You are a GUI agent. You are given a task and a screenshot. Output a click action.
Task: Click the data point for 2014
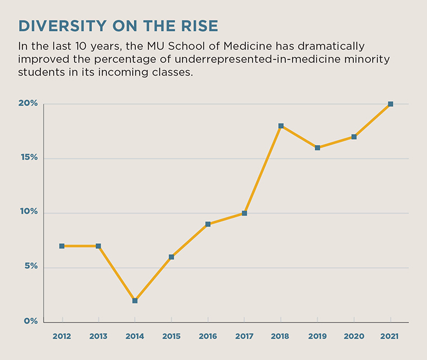[x=135, y=300]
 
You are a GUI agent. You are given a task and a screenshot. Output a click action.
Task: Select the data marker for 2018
[x=281, y=126]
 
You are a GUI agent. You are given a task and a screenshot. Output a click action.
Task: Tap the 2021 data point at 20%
[x=390, y=104]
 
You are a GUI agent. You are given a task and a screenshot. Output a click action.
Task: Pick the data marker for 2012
[x=62, y=246]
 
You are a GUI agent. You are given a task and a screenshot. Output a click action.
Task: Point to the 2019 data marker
[x=317, y=148]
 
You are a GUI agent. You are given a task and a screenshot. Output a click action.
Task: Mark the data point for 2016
[x=208, y=224]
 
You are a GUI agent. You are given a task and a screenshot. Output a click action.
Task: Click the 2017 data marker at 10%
[x=244, y=213]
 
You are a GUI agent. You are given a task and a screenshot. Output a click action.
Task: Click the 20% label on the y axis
[x=28, y=103]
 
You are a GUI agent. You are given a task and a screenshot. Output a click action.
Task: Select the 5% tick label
[x=30, y=266]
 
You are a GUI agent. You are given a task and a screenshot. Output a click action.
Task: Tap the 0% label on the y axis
[x=30, y=321]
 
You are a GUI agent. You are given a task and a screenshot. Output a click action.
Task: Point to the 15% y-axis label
[x=28, y=158]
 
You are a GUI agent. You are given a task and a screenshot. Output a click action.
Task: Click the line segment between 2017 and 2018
[x=263, y=169]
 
